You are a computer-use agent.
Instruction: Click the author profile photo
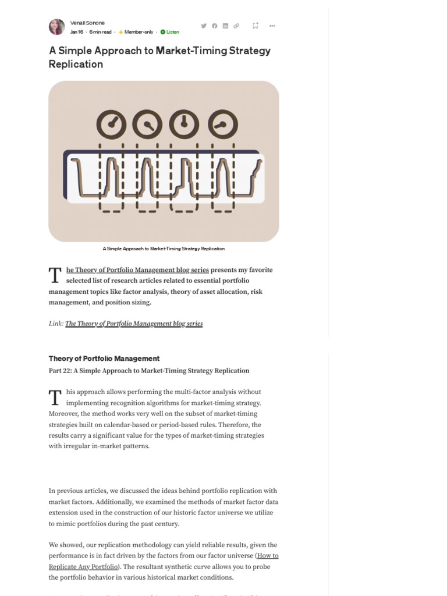57,27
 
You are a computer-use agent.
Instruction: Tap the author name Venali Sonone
87,23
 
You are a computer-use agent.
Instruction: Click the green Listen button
170,32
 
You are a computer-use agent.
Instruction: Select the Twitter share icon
204,26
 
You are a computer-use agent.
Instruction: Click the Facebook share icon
214,26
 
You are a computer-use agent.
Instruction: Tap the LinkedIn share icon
225,26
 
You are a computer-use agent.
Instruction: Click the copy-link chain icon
236,26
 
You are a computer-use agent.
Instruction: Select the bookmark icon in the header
255,26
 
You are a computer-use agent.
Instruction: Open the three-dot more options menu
272,26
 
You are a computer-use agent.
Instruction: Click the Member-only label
139,32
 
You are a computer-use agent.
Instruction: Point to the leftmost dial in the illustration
111,124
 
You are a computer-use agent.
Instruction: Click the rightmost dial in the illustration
223,124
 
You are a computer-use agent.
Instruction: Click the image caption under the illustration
164,249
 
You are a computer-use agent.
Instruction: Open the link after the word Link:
134,324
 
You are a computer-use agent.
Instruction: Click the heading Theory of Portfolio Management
104,359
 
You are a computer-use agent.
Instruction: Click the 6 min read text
101,32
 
